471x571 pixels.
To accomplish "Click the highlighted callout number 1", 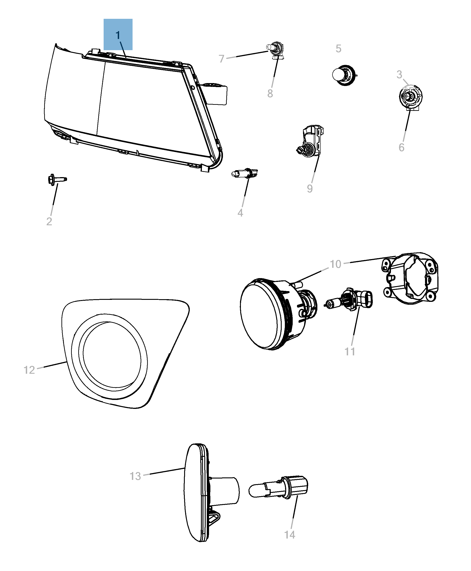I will point(118,35).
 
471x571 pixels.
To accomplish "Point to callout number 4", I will point(240,213).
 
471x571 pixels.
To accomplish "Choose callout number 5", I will point(338,49).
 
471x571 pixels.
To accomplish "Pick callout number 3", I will point(399,75).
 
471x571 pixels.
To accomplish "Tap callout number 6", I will point(401,148).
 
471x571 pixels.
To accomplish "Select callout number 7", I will point(222,58).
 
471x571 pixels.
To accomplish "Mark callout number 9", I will point(310,189).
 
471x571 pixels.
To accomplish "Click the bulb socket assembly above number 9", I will point(311,142).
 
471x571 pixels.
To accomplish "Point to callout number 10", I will point(335,264).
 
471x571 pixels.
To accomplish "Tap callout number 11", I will point(350,352).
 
